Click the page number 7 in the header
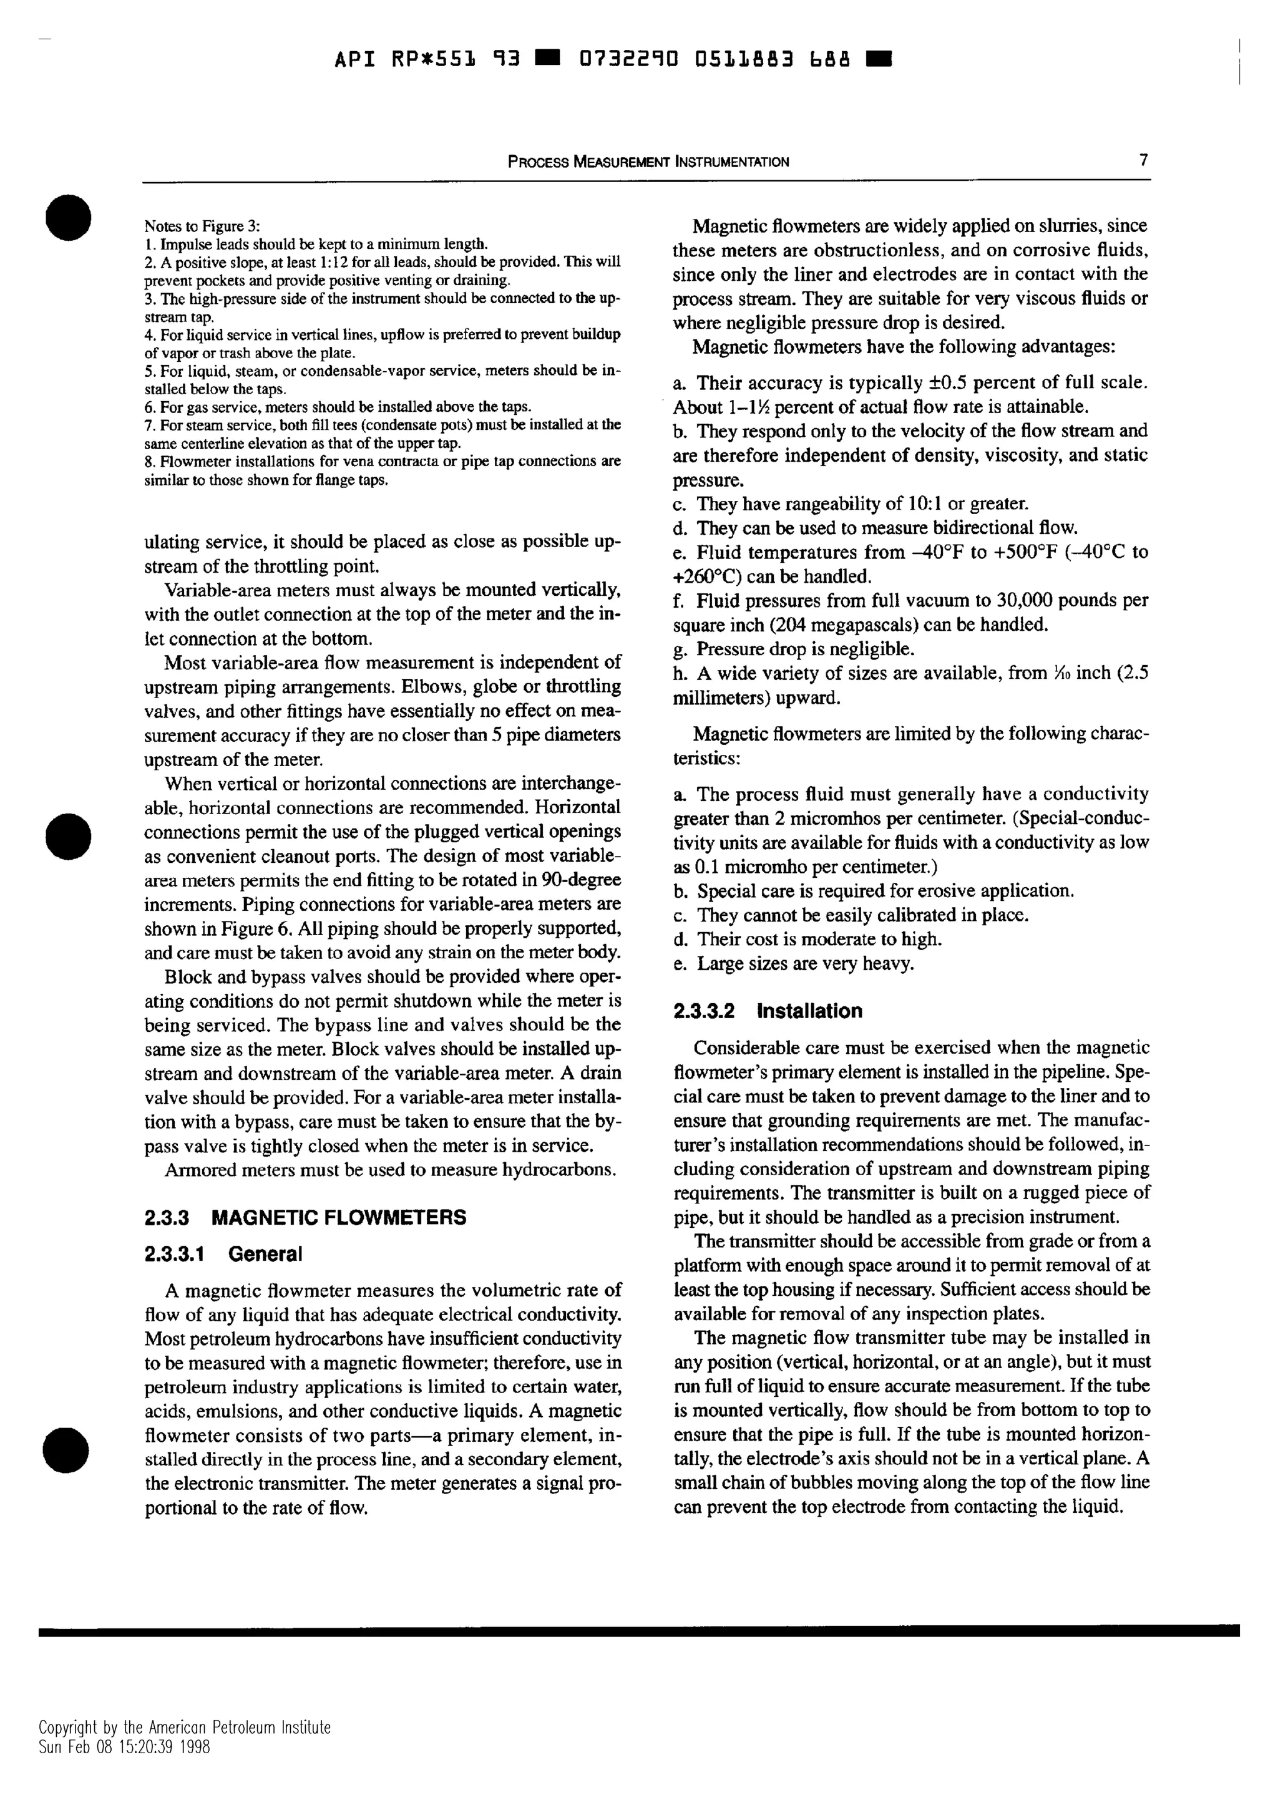(x=1143, y=160)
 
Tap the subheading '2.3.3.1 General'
(x=223, y=1255)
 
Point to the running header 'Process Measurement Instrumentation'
(x=648, y=162)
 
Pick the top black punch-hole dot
(x=69, y=216)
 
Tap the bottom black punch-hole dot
(x=69, y=1450)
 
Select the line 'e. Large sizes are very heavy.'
(x=794, y=964)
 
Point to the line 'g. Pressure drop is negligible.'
(x=794, y=649)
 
